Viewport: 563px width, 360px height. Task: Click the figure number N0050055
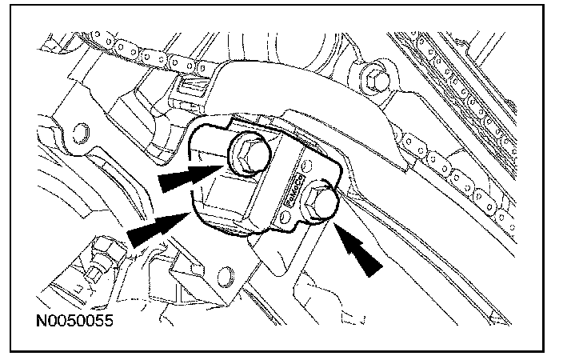pyautogui.click(x=74, y=325)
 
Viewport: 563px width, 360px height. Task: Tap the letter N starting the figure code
pyautogui.click(x=40, y=325)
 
